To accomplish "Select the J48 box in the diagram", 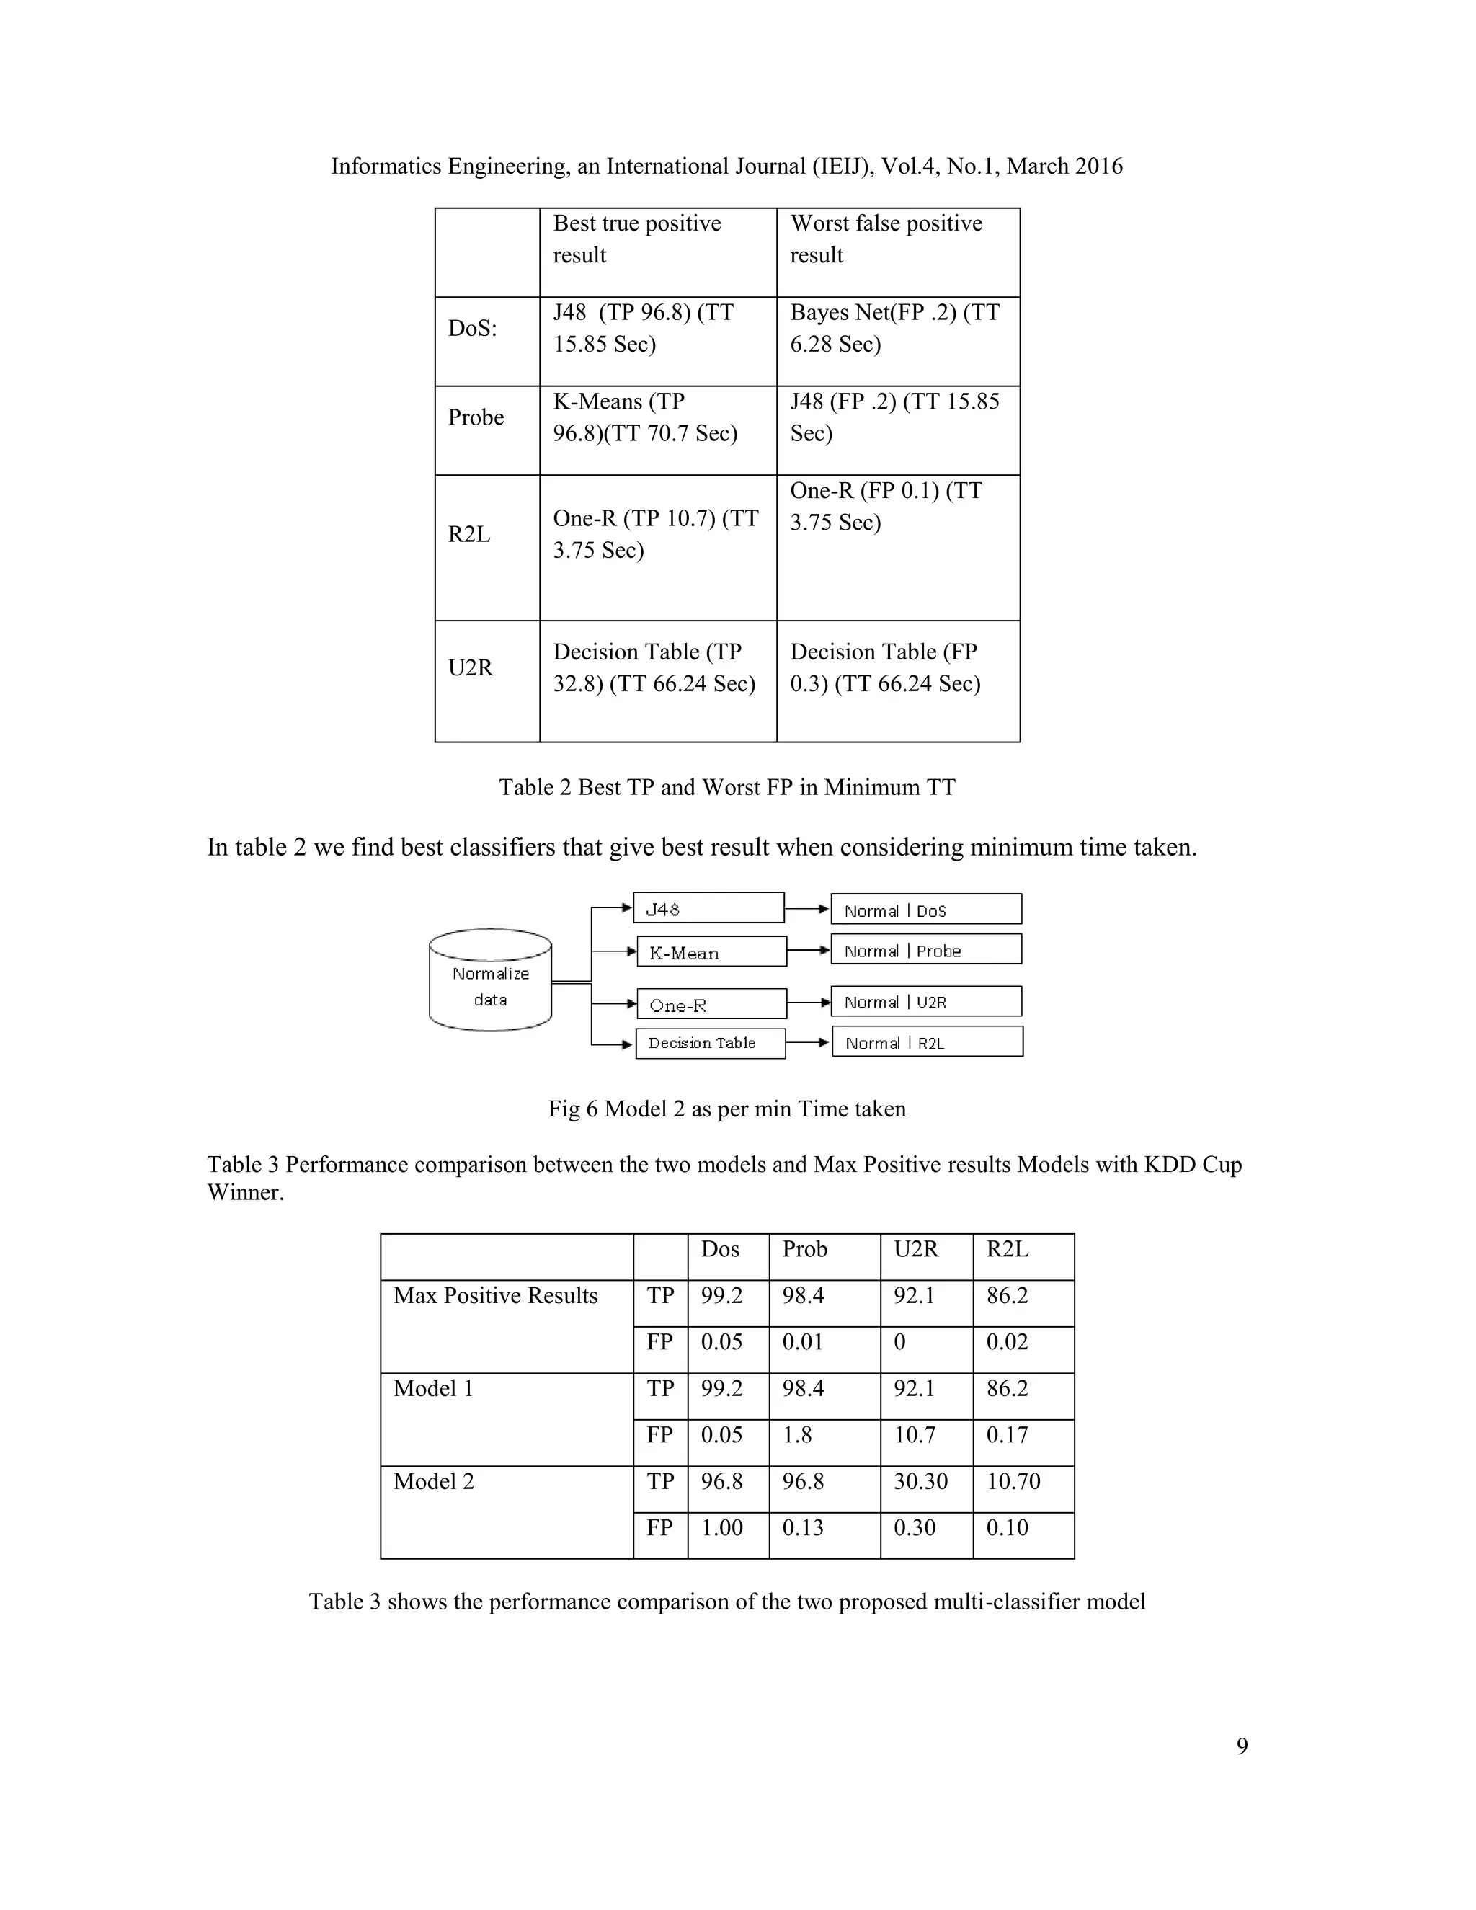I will (x=708, y=907).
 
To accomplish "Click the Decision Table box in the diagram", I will (x=710, y=1044).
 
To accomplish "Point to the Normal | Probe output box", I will (x=926, y=950).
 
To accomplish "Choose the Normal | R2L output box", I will (x=927, y=1042).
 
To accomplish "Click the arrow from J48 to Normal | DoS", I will (x=807, y=909).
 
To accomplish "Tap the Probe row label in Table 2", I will (x=476, y=417).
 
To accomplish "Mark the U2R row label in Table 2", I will (x=471, y=668).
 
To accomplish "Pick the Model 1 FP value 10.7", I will (x=914, y=1435).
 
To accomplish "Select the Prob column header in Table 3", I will (x=804, y=1249).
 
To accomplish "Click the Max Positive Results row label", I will (x=496, y=1296).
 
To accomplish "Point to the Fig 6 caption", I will (x=726, y=1109).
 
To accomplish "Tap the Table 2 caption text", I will (x=726, y=787).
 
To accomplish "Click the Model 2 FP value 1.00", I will (x=721, y=1528).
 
